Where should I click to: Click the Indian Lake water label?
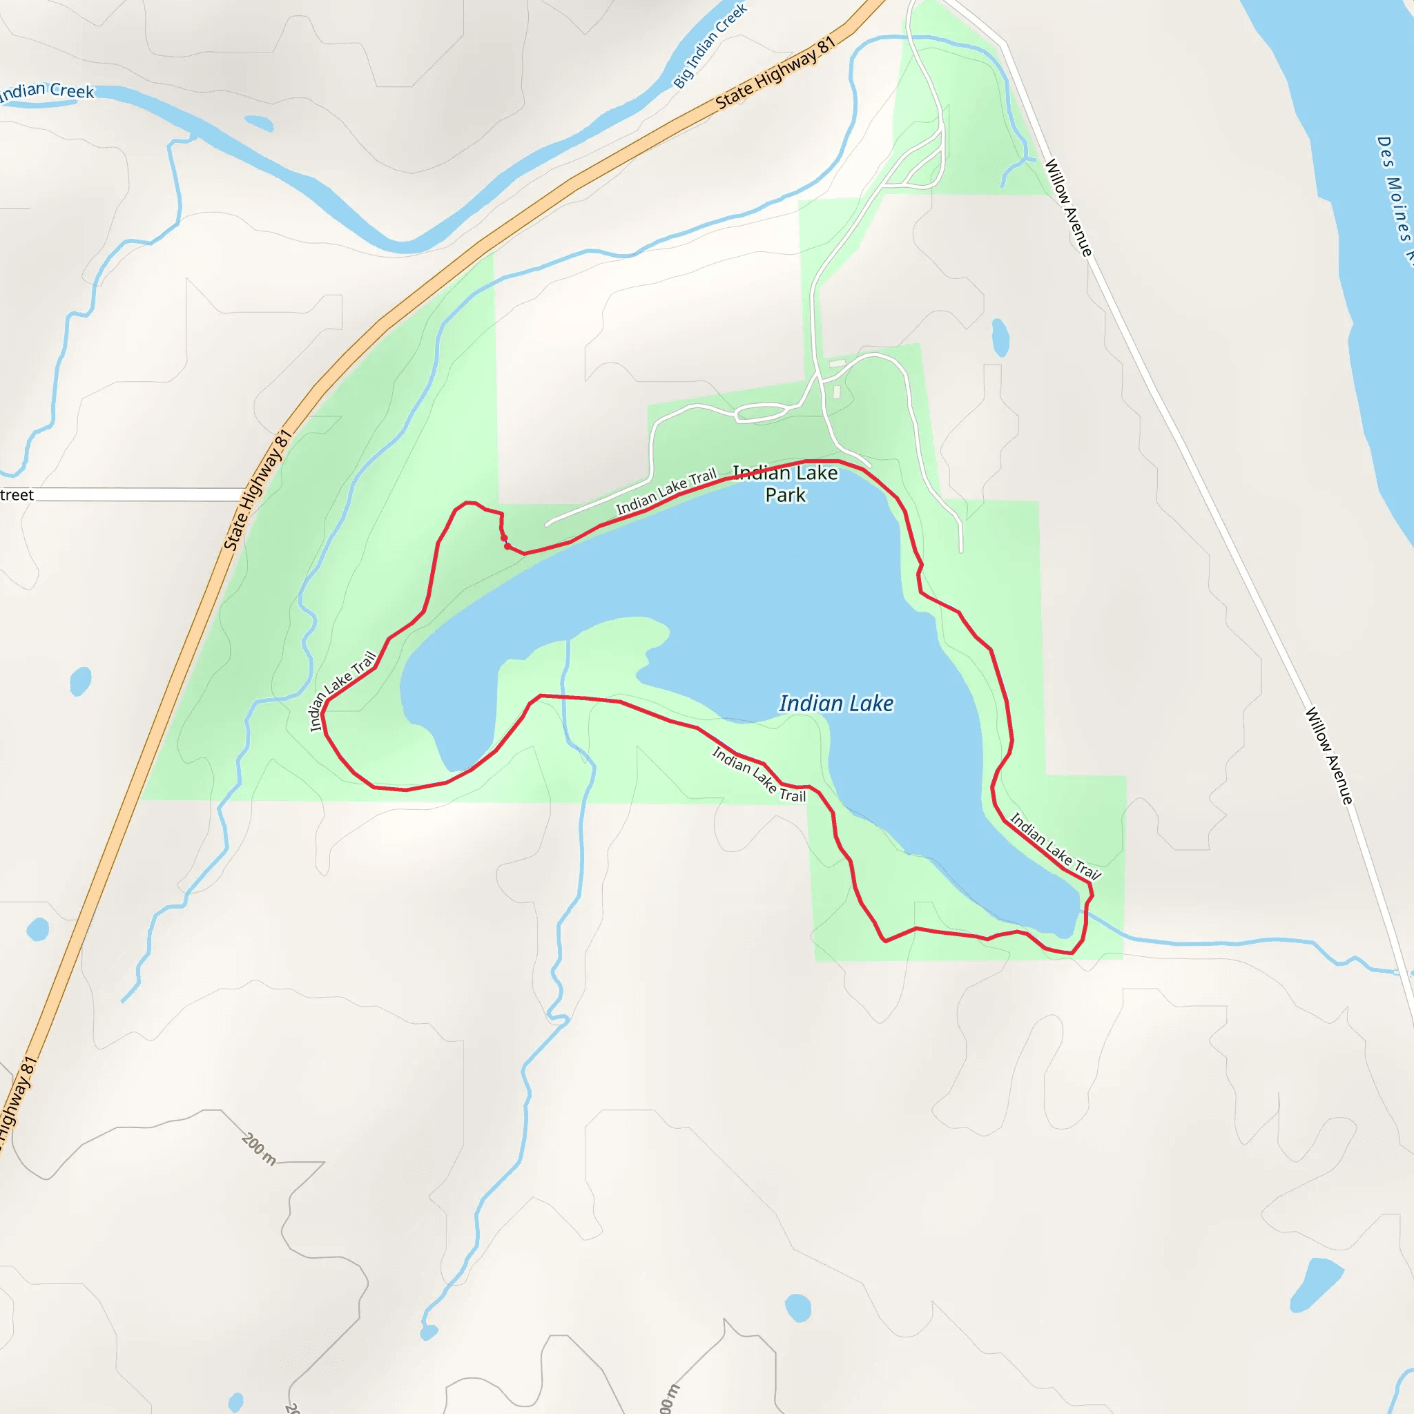pyautogui.click(x=836, y=704)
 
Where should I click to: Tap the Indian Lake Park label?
pyautogui.click(x=785, y=484)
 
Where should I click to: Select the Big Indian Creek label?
pyautogui.click(x=709, y=46)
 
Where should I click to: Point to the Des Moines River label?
pyautogui.click(x=1394, y=197)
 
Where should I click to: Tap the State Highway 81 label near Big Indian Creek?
pyautogui.click(x=775, y=73)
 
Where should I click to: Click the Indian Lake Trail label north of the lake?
pyautogui.click(x=666, y=492)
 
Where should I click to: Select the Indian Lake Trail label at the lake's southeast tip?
pyautogui.click(x=1056, y=846)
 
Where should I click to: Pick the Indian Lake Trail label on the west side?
pyautogui.click(x=342, y=691)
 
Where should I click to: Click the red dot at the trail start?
pyautogui.click(x=507, y=546)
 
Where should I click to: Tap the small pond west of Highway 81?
pyautogui.click(x=81, y=681)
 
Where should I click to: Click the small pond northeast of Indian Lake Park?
pyautogui.click(x=1000, y=338)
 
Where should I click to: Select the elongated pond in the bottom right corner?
pyautogui.click(x=1315, y=1285)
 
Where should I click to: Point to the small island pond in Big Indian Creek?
pyautogui.click(x=258, y=123)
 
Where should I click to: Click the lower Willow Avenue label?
pyautogui.click(x=1329, y=755)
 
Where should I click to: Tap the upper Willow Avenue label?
pyautogui.click(x=1068, y=207)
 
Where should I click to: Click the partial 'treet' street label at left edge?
pyautogui.click(x=17, y=496)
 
